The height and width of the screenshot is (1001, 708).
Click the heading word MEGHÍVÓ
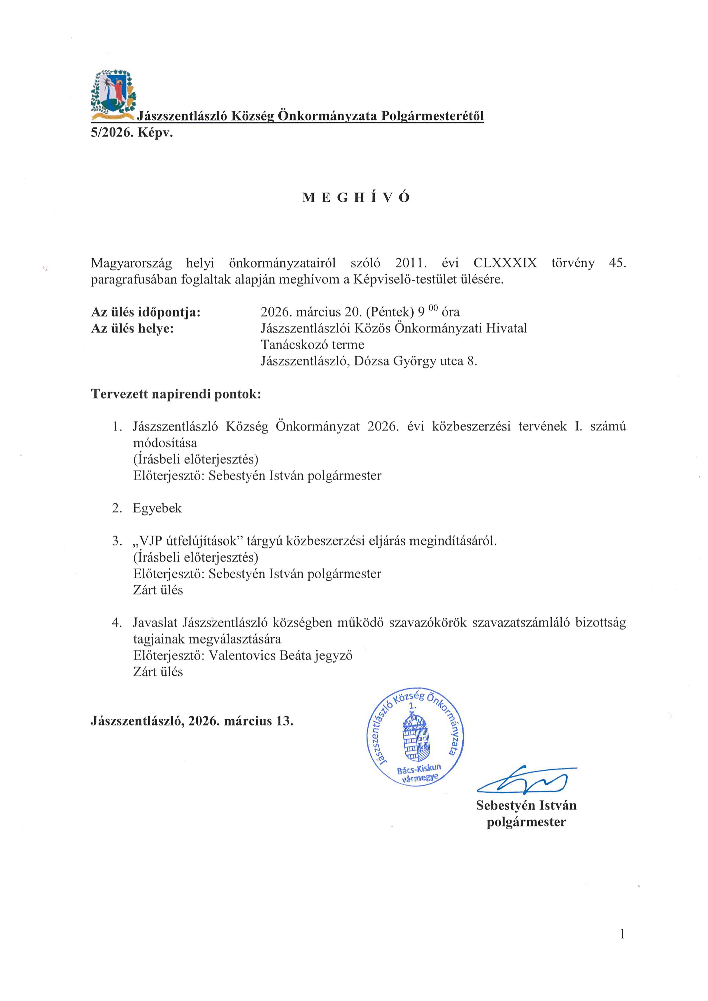coord(356,198)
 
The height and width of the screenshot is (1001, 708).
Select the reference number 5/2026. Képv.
coord(132,133)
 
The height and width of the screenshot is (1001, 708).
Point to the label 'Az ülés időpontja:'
coord(145,312)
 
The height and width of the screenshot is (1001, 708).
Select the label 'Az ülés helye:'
coord(133,328)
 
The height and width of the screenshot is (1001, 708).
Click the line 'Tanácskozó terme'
coord(312,345)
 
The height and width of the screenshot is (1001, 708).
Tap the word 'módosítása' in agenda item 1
coord(165,443)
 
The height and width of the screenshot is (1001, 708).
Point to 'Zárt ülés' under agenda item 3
coord(158,590)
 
